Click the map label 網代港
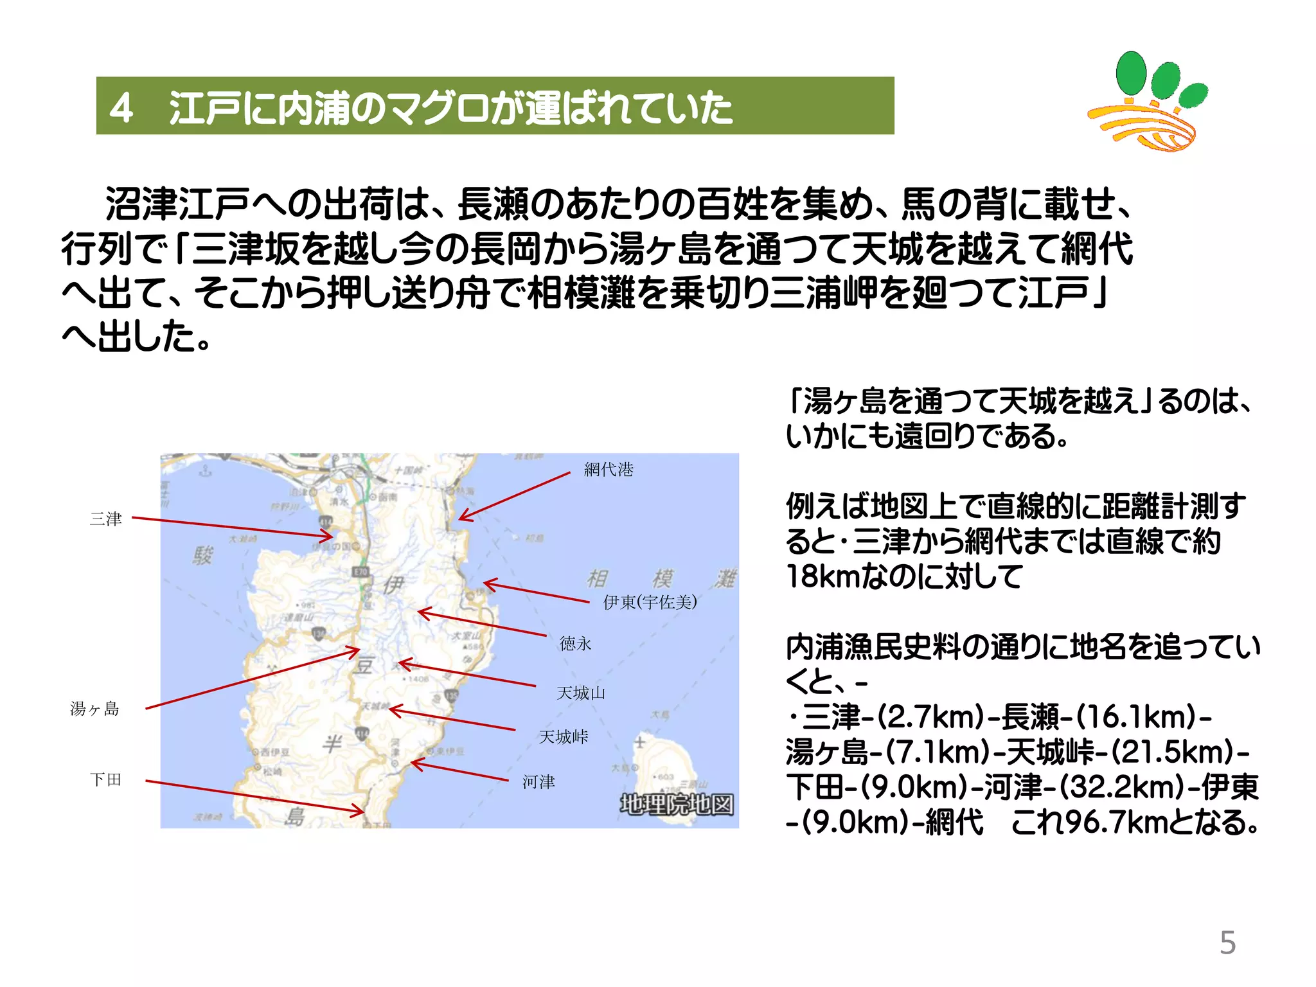609,470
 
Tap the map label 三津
106,519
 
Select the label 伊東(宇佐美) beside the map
650,602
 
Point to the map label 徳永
575,643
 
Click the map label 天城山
581,693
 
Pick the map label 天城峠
564,736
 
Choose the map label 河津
538,781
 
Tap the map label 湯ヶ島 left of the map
94,709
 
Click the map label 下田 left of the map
106,779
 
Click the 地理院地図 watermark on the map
676,805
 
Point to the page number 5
1227,943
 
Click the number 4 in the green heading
121,107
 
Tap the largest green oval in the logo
1131,72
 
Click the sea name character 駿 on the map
202,555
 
